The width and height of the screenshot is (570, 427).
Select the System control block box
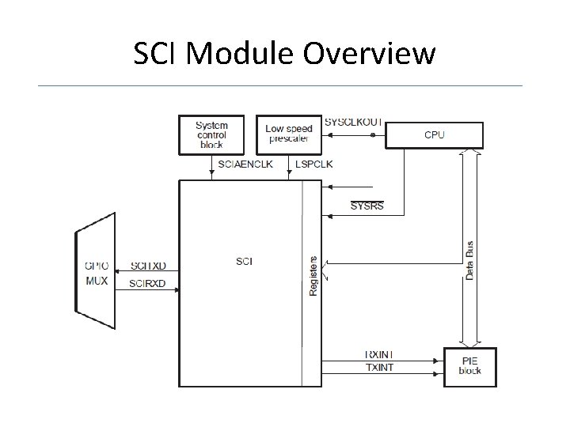pyautogui.click(x=211, y=134)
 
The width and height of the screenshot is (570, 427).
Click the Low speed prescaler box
pyautogui.click(x=289, y=134)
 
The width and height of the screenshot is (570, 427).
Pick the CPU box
pyautogui.click(x=434, y=135)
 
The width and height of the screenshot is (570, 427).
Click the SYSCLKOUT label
pyautogui.click(x=352, y=123)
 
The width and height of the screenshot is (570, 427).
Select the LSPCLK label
pyautogui.click(x=314, y=164)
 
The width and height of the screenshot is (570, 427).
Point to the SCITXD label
pyautogui.click(x=148, y=268)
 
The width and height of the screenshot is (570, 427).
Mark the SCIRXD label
pyautogui.click(x=148, y=283)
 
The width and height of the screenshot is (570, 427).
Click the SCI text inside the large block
pyautogui.click(x=245, y=261)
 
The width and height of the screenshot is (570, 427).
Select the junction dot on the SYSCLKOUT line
pyautogui.click(x=373, y=135)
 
